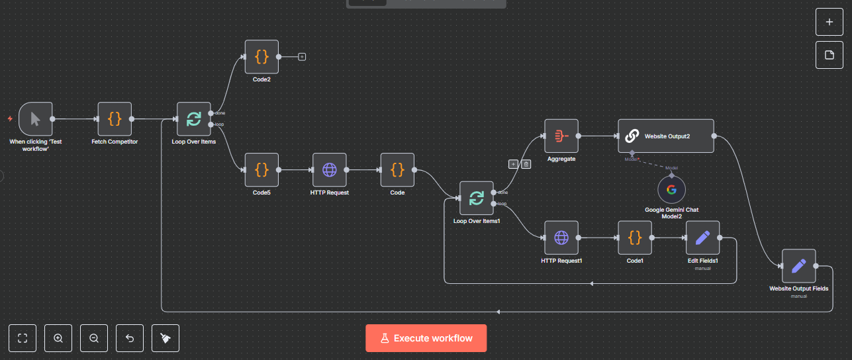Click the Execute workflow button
click(x=426, y=338)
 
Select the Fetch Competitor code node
click(x=115, y=119)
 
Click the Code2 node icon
click(x=261, y=57)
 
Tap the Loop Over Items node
click(x=194, y=119)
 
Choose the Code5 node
click(x=261, y=170)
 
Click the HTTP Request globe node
click(x=330, y=170)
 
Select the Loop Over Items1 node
click(x=477, y=198)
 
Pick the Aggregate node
click(x=561, y=136)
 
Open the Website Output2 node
click(x=666, y=136)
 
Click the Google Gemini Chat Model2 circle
click(x=671, y=190)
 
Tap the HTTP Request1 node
click(x=561, y=238)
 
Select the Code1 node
click(x=635, y=238)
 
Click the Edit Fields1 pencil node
click(x=703, y=238)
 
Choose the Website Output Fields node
click(x=798, y=266)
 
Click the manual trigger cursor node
click(x=35, y=119)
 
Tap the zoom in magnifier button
click(x=58, y=338)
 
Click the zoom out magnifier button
click(x=94, y=338)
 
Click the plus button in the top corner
click(x=829, y=22)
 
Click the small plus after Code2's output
click(x=302, y=57)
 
